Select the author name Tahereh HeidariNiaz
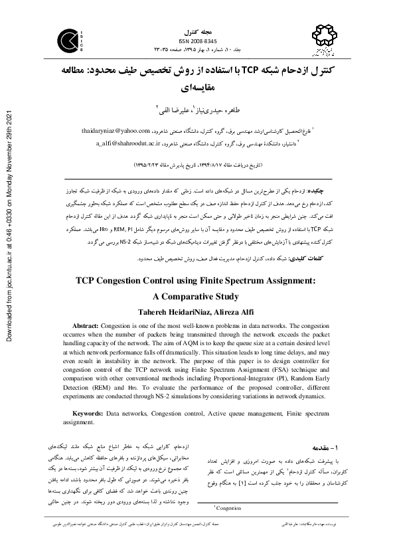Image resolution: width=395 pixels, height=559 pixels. [166, 312]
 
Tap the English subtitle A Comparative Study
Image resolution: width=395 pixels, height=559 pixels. [197, 297]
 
